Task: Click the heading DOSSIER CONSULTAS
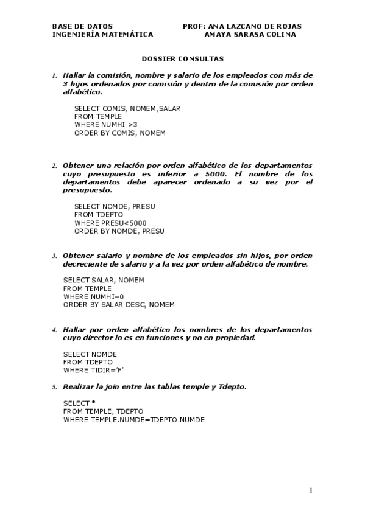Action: click(x=182, y=59)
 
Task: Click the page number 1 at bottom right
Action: click(x=310, y=490)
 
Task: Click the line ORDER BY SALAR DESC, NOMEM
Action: click(x=119, y=304)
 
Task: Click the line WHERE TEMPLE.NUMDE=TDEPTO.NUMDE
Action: click(x=133, y=420)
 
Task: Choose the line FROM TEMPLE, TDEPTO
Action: click(x=97, y=412)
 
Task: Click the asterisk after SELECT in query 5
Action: click(x=93, y=403)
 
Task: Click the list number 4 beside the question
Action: click(x=54, y=330)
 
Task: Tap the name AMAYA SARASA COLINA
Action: click(x=250, y=35)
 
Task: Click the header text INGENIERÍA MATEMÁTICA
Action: click(x=102, y=35)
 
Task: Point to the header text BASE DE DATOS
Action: click(x=82, y=27)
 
